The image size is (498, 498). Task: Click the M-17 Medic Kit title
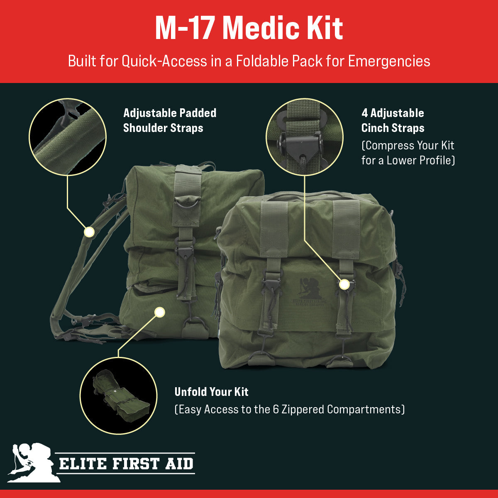[249, 28]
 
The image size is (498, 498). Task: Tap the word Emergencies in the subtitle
[389, 61]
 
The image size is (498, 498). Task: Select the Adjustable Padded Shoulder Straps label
[170, 120]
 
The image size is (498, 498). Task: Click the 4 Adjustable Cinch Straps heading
[393, 120]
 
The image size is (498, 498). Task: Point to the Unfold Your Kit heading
[211, 392]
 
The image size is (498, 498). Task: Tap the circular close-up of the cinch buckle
[304, 137]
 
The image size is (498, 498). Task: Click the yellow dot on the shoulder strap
[89, 232]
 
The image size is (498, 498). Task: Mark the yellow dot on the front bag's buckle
[344, 284]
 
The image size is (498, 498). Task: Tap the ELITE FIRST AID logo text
[126, 464]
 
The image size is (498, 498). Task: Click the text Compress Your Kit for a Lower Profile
[408, 153]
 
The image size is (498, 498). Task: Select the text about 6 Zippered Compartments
[289, 410]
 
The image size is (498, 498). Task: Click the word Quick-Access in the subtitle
[164, 61]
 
